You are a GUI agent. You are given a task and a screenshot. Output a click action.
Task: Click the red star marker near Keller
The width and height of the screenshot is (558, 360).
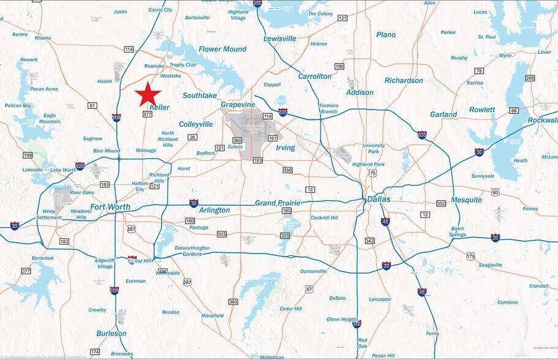148,94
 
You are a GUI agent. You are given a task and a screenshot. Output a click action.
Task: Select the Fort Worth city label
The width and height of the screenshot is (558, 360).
110,207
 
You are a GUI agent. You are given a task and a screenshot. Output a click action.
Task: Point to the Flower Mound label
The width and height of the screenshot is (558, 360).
222,49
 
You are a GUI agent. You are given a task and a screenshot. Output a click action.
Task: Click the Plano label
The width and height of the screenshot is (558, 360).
386,35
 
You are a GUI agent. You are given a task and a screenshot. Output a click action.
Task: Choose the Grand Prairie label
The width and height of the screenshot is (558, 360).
277,203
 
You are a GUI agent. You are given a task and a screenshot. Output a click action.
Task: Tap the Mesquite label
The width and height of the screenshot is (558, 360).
466,200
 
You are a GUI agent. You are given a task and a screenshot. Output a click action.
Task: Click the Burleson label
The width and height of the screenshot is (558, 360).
111,334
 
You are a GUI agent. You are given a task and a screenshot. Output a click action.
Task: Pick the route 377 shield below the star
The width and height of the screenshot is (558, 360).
148,114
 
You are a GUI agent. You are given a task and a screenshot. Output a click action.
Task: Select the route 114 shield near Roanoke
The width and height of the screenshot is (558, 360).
129,49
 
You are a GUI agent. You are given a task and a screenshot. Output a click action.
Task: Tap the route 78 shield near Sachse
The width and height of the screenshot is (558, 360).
479,71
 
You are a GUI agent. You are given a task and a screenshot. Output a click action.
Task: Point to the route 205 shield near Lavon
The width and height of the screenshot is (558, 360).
530,78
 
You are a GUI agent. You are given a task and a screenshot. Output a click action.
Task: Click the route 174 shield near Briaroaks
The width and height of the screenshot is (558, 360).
95,351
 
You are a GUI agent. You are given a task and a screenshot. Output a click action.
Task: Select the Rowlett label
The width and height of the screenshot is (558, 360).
482,110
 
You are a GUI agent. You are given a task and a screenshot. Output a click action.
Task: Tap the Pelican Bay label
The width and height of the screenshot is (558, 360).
18,105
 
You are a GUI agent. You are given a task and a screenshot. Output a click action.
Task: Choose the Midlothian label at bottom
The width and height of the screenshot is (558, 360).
272,356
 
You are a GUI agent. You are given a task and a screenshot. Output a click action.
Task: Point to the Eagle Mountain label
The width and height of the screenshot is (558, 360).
50,119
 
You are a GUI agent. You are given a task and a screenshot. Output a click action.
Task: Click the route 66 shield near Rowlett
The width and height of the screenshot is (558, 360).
514,110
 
